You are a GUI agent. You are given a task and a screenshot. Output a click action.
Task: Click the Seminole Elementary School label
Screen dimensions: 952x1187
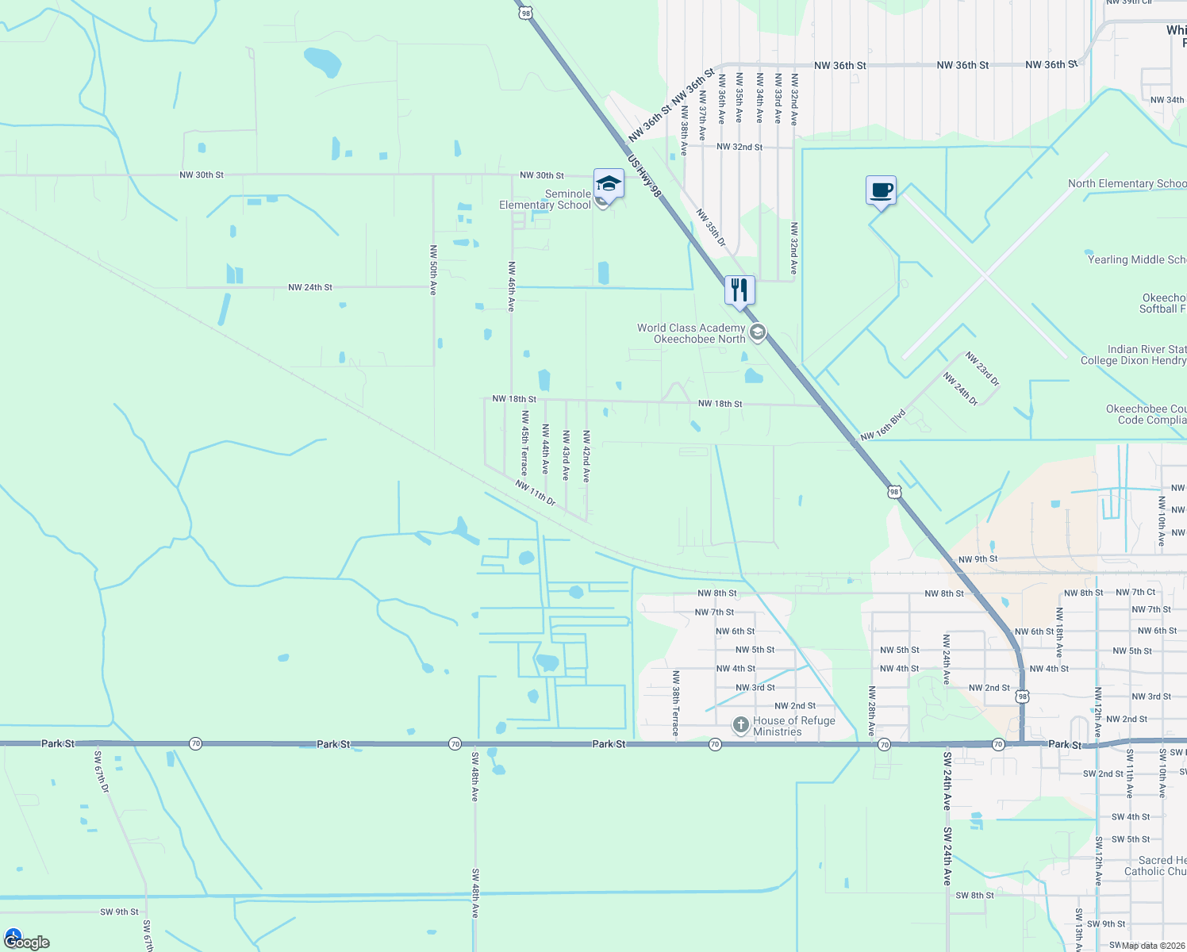546,199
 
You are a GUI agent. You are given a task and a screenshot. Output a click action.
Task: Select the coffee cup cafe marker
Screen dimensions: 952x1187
881,191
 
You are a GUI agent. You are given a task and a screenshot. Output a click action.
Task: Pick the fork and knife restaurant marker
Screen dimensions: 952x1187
739,290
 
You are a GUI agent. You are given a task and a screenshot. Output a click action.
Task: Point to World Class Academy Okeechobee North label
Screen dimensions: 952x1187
691,333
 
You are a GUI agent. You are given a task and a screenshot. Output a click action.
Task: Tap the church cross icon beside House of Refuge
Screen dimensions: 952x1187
740,724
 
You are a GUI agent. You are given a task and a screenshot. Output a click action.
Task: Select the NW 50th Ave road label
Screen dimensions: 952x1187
433,270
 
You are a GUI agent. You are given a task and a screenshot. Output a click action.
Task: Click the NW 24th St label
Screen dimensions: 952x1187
310,287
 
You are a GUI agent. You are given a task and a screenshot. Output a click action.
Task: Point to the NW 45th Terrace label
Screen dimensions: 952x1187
524,443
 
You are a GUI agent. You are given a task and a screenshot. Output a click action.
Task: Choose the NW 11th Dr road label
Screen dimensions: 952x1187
536,492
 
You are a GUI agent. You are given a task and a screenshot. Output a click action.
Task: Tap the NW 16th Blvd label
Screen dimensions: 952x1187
883,425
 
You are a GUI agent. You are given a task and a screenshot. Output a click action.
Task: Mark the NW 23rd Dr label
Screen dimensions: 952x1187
983,369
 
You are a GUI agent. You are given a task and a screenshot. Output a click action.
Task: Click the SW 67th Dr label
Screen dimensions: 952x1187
102,772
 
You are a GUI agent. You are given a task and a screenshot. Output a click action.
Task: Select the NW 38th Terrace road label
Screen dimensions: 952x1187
675,703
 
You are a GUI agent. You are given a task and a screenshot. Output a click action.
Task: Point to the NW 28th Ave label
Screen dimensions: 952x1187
872,711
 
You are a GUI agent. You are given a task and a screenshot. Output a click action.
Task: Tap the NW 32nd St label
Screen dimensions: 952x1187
739,147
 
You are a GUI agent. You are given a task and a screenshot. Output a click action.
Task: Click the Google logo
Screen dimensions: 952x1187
27,942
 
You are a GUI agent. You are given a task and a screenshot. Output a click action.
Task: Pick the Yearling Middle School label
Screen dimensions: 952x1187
1136,259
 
